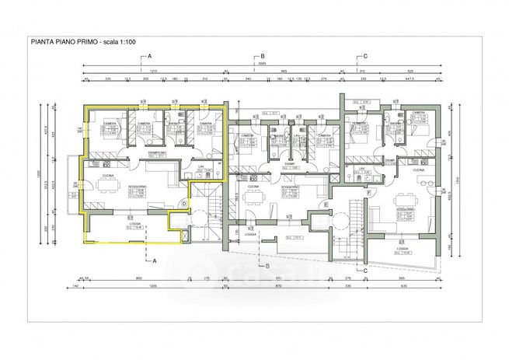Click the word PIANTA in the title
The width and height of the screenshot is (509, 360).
[41, 40]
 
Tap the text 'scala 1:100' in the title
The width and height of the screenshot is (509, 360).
[119, 40]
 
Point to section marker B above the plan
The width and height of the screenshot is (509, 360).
[263, 57]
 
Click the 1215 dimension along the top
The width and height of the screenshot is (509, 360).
[153, 71]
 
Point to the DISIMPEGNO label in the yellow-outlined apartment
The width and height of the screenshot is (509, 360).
[159, 153]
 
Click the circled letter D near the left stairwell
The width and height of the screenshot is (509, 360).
[183, 204]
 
